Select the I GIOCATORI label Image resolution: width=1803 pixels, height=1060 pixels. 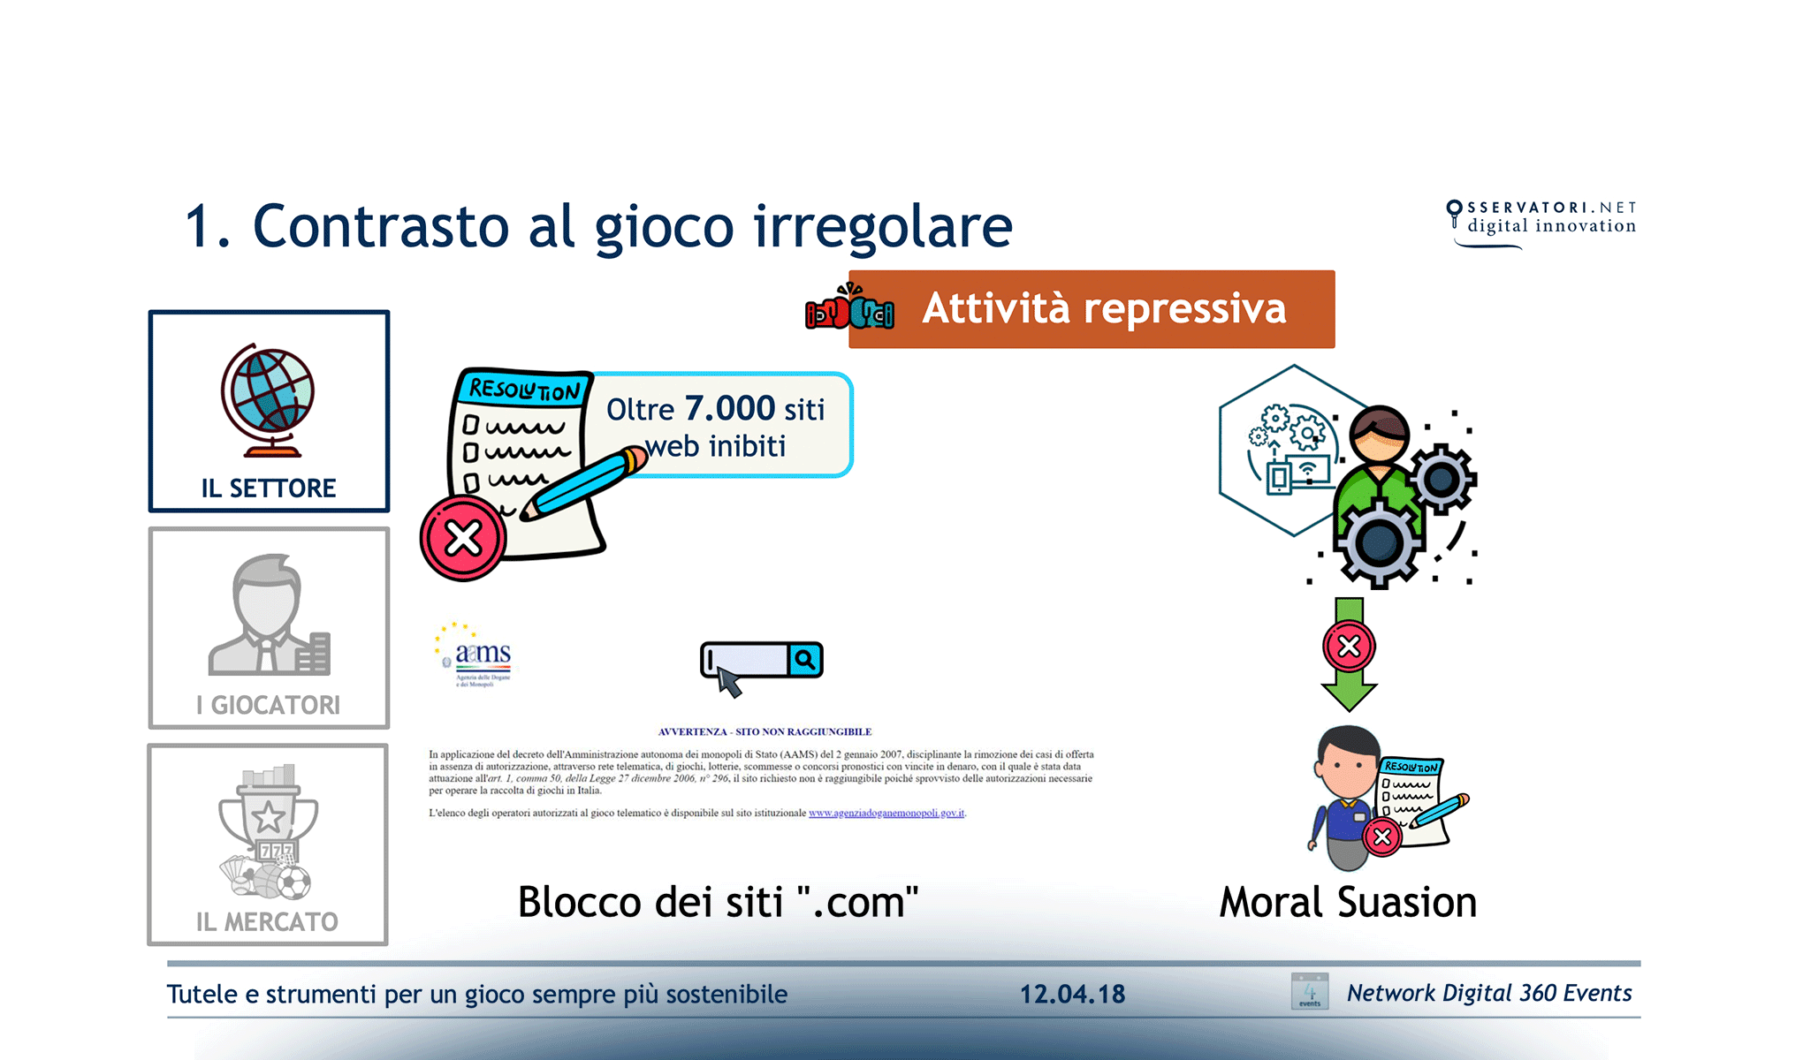coord(269,705)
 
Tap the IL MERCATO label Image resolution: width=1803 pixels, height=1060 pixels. coord(267,921)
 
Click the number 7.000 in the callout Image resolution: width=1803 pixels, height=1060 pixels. coord(729,408)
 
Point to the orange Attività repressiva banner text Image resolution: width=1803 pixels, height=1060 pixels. coord(1103,309)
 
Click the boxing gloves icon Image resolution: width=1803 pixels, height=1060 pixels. coord(848,309)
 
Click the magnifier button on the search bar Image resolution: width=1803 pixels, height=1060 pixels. coord(804,660)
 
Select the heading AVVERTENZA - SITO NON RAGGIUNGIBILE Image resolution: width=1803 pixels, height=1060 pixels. coord(765,731)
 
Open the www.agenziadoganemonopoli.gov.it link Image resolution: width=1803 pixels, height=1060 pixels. coord(886,813)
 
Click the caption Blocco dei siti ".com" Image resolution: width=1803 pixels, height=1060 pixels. coord(718,902)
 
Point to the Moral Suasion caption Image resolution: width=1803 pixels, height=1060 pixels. coord(1348,902)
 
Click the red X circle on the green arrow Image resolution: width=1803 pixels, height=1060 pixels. coord(1349,647)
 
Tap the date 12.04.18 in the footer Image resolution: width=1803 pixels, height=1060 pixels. coord(1072,994)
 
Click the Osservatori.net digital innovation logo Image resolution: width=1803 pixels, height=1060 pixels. coord(1542,221)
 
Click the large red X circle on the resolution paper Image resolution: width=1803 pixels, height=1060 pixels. coord(463,538)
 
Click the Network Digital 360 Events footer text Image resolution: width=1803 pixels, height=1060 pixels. coord(1488,993)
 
